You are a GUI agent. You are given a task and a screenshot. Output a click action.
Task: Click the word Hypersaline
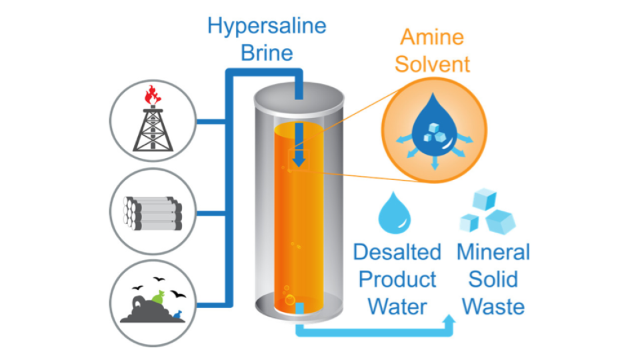click(267, 26)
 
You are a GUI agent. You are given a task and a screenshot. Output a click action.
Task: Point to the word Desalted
click(397, 253)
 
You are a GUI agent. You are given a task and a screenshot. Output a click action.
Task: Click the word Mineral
click(493, 253)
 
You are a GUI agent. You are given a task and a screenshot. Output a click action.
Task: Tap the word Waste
click(493, 307)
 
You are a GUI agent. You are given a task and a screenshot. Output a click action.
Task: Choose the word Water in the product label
click(397, 307)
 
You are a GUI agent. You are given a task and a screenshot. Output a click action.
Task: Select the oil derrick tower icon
click(153, 127)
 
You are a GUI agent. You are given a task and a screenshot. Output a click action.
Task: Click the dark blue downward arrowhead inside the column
click(299, 160)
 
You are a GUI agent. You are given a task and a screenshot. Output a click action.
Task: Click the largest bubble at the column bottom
click(290, 300)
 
